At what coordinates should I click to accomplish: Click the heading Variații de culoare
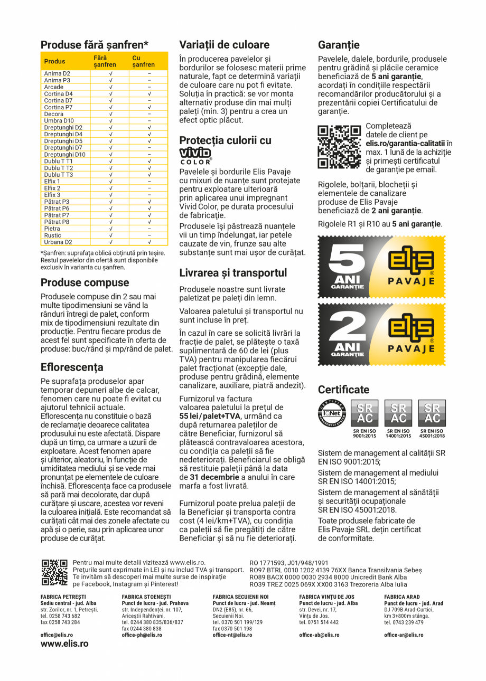pos(224,45)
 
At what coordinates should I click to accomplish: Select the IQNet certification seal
pos(331,413)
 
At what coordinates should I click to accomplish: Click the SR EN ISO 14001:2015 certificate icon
pos(398,413)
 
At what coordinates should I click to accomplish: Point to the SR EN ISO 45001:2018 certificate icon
pos(432,413)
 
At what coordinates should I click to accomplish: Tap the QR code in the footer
pos(54,573)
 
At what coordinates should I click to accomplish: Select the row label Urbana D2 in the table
pos(58,242)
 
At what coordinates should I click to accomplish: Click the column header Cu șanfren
pos(143,61)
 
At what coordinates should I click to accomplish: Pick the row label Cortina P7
pos(58,107)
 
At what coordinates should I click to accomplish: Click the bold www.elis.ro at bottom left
pos(64,644)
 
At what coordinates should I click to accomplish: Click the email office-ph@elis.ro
pos(142,635)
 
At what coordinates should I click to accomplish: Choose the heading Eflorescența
pos(72,367)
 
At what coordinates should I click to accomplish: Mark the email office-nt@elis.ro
pos(232,635)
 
